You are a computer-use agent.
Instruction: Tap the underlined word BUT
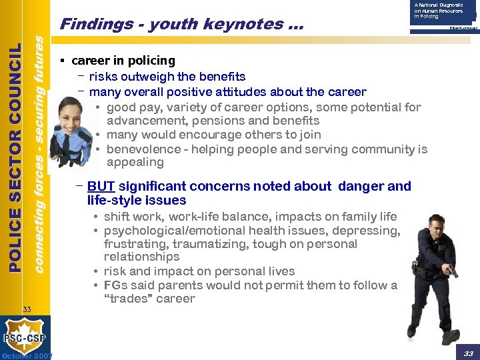101,187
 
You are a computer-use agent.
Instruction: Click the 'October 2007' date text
27,355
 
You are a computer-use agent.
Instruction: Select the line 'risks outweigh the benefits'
167,77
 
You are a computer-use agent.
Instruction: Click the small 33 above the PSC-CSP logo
27,309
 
